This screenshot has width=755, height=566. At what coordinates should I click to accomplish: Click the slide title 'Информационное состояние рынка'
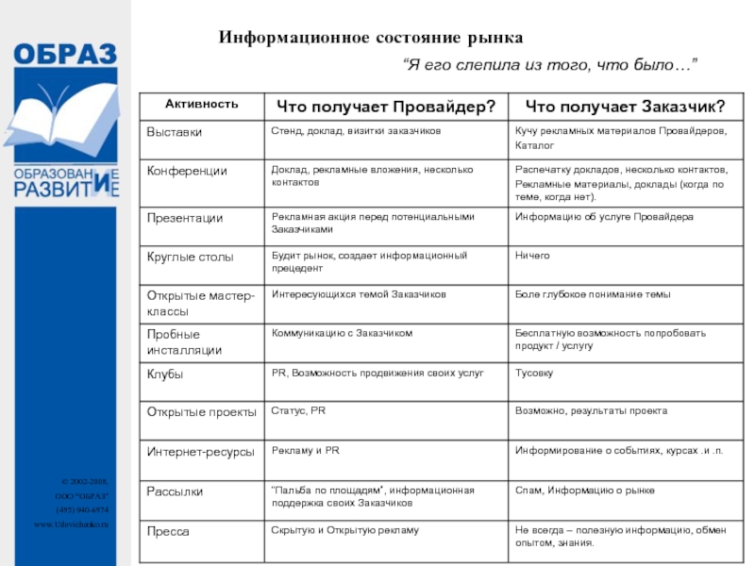371,38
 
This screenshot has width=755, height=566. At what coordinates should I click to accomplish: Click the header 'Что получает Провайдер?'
384,105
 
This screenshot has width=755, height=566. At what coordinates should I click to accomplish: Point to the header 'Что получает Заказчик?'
625,105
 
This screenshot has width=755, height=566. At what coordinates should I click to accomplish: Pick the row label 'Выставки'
175,132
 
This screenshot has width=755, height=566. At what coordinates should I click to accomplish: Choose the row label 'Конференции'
187,171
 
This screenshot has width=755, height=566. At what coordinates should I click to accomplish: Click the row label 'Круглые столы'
190,257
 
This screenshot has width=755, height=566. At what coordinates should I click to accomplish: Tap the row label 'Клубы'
165,375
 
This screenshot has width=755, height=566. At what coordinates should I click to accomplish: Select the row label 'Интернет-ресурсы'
200,452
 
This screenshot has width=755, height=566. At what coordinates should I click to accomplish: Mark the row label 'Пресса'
168,532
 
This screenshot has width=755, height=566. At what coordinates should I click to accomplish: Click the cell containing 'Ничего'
532,256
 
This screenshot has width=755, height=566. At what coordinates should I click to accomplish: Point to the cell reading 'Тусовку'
534,374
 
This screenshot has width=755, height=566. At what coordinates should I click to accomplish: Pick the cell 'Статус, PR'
298,411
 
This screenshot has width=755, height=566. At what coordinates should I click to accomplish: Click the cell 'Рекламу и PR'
305,451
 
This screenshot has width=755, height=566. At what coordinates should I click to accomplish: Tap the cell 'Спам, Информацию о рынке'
584,491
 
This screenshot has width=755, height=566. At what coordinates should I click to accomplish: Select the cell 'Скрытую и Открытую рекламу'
344,531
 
